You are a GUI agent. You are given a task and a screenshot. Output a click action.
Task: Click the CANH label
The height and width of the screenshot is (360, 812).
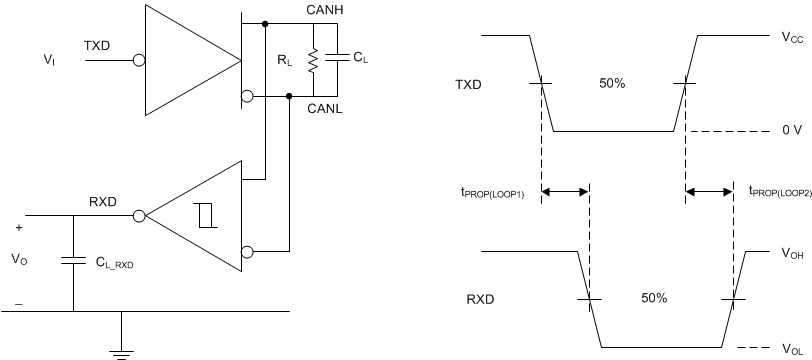[326, 11]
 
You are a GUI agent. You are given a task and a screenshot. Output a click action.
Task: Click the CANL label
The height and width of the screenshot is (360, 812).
[326, 108]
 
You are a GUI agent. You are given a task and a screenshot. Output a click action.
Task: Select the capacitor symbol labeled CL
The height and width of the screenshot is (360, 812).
[339, 59]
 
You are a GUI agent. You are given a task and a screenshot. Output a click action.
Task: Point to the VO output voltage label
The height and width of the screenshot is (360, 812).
[18, 258]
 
